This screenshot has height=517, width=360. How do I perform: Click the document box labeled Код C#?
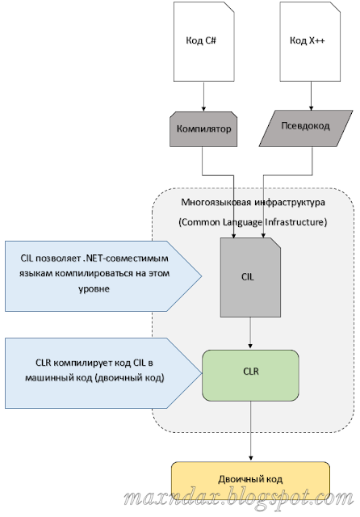[x=203, y=41]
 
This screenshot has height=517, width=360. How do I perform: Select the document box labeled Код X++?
[x=308, y=41]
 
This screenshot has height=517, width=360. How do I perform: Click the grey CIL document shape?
[x=249, y=275]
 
